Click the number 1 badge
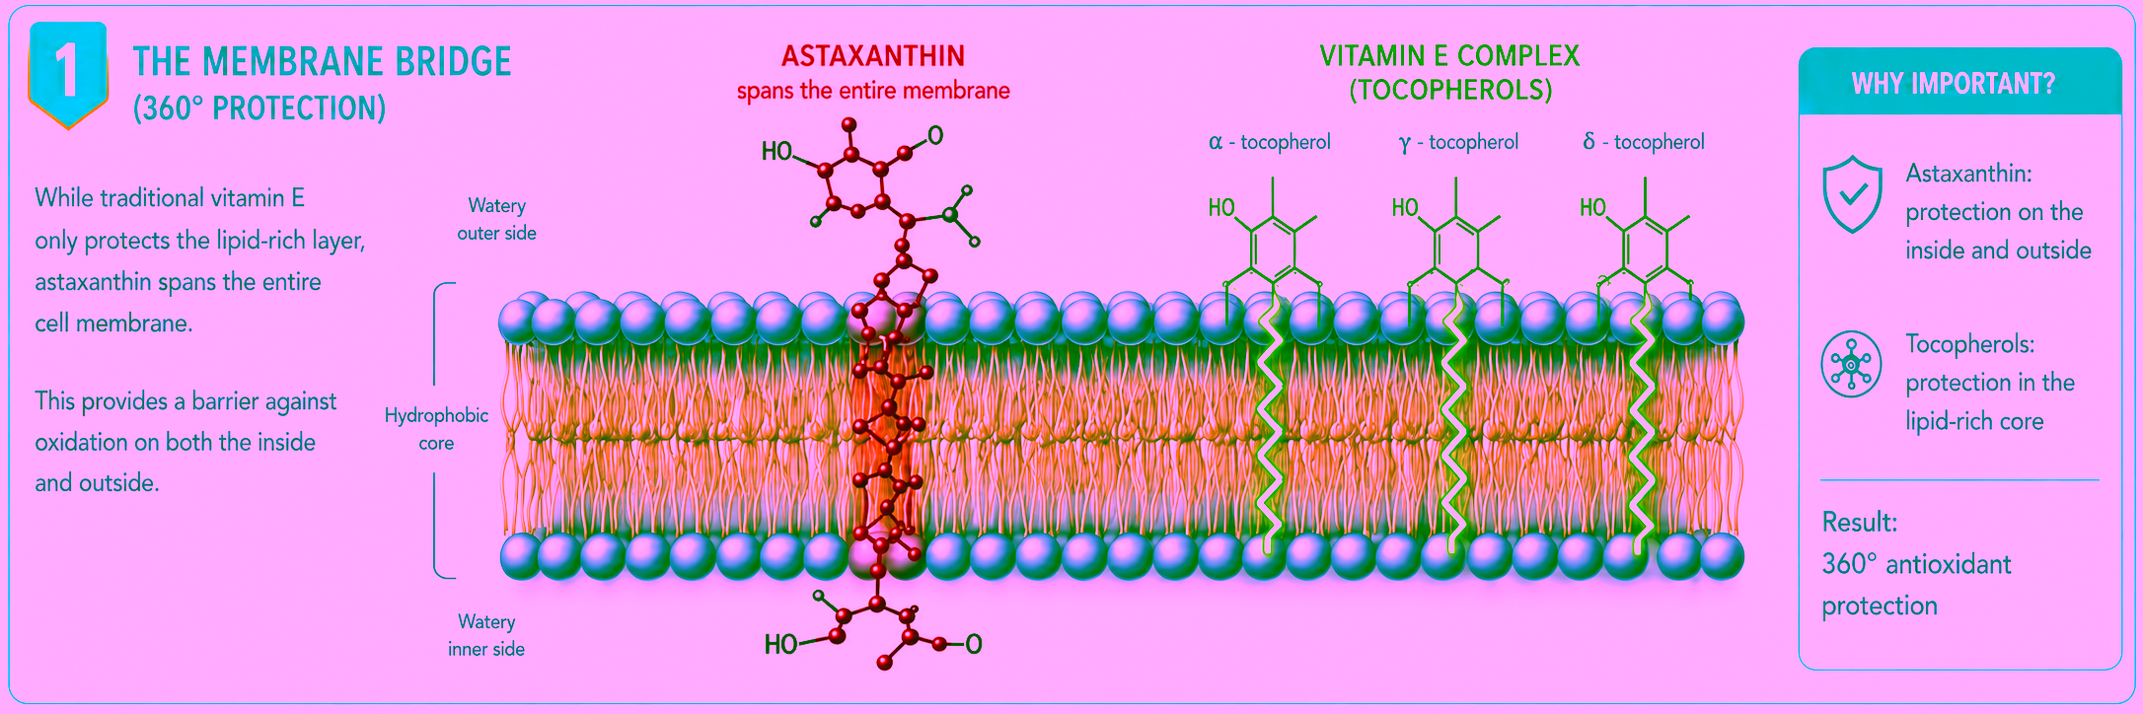(x=67, y=75)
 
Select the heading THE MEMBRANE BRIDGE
(x=323, y=62)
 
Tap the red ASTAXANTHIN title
(x=873, y=55)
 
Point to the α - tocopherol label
(x=1270, y=142)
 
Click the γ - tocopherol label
(x=1458, y=142)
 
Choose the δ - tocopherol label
(x=1644, y=142)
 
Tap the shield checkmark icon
(x=1853, y=194)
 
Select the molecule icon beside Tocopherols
(x=1851, y=364)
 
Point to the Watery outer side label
(x=496, y=219)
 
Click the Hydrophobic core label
(x=436, y=429)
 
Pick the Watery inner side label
(x=486, y=635)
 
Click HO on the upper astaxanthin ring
(x=776, y=151)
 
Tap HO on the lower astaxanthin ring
(x=780, y=645)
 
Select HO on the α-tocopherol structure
(x=1221, y=208)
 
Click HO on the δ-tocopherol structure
(x=1592, y=208)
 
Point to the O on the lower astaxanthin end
(x=974, y=645)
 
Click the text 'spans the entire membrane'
(x=873, y=91)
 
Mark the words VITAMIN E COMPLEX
(x=1449, y=56)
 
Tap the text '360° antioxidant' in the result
(x=1916, y=564)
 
